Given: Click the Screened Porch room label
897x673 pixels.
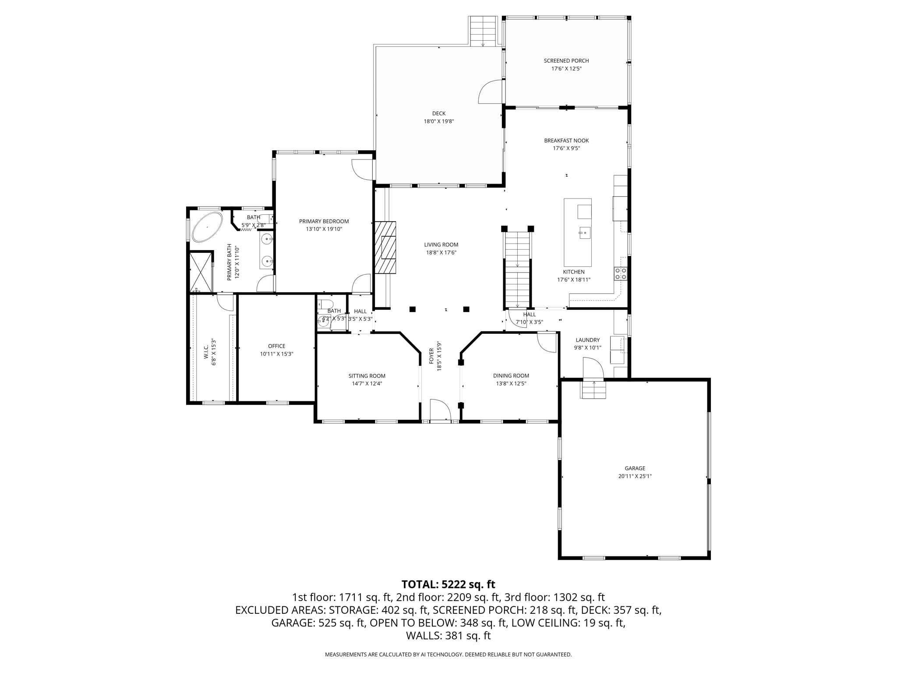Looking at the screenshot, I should coord(566,61).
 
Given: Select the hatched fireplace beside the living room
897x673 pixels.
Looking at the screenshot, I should coord(385,248).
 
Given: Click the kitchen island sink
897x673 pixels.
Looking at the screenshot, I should coord(585,232).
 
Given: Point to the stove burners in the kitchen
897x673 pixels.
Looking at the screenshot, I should coord(621,273).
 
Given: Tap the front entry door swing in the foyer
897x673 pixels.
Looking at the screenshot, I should coord(440,411).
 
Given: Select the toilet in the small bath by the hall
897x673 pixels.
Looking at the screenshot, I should coord(325,305).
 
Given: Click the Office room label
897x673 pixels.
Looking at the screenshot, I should coord(276,346).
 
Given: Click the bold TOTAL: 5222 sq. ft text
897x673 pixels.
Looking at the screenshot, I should coord(448,584).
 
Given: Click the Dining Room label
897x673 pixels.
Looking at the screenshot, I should coord(511,375).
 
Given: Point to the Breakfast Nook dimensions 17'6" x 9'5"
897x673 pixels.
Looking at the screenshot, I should coord(566,149).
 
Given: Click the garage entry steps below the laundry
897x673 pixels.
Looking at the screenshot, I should coord(593,390).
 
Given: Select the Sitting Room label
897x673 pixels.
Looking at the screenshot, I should coord(367,376).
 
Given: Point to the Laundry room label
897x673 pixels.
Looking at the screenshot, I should coord(587,340).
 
